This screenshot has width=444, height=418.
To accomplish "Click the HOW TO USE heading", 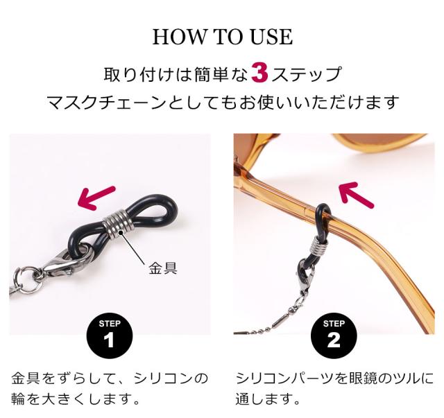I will [x=222, y=37].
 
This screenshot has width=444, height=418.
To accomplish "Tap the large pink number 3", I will [x=259, y=73].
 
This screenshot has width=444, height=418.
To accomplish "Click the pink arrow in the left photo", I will [x=98, y=195].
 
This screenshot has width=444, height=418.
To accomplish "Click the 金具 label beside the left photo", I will [x=163, y=268].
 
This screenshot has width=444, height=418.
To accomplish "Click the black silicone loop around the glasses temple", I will [x=323, y=214].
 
